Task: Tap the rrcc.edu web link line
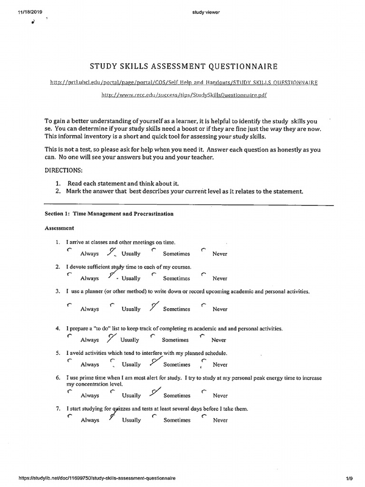click(x=184, y=95)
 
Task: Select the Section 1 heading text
click(x=109, y=214)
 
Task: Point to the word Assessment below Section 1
click(x=59, y=228)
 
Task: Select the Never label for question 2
click(x=220, y=279)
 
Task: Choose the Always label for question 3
click(x=90, y=309)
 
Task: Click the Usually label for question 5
click(x=131, y=365)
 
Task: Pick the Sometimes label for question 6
click(x=177, y=396)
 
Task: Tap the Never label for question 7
click(x=220, y=420)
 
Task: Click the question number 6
click(x=57, y=378)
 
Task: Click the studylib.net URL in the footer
click(x=97, y=479)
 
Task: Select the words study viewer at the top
click(x=203, y=13)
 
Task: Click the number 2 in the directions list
click(x=57, y=192)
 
